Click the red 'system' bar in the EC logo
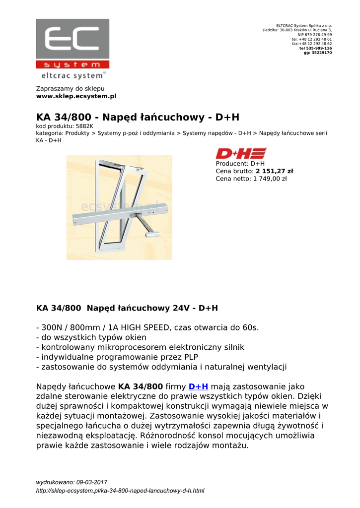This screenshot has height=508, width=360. point(72,64)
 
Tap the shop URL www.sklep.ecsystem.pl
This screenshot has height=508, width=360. point(76,96)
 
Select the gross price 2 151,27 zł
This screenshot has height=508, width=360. point(275,171)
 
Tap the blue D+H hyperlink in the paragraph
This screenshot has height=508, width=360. point(198,387)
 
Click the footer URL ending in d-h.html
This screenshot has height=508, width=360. point(120,491)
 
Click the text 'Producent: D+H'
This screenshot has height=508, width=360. point(240,163)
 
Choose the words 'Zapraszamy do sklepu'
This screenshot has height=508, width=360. point(70,88)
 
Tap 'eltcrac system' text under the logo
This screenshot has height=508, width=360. point(72,76)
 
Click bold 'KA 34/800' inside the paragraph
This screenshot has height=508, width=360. point(141,387)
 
